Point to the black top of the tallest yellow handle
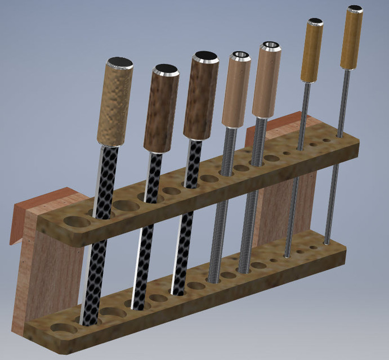click(x=355, y=8)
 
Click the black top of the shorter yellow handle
click(x=315, y=22)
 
